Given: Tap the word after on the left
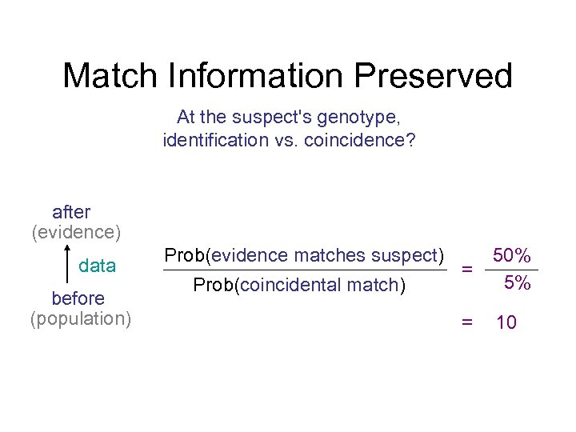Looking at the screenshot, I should (x=71, y=212).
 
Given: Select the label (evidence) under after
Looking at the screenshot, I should (x=76, y=232).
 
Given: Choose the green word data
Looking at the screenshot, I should (x=97, y=266).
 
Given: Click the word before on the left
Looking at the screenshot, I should (x=78, y=298).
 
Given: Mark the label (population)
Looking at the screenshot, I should (x=81, y=318).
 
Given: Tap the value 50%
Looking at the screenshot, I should (x=512, y=256).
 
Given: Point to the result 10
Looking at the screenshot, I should (x=506, y=323).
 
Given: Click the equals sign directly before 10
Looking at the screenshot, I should (x=466, y=322).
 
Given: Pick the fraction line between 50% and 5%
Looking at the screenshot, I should (x=512, y=270).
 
